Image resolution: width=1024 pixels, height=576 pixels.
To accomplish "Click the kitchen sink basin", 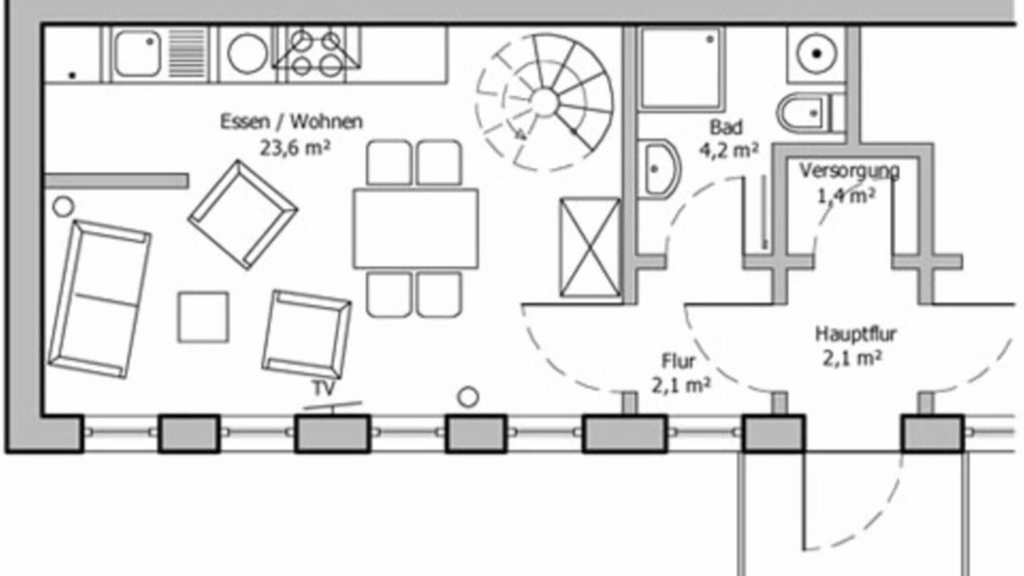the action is (137, 54).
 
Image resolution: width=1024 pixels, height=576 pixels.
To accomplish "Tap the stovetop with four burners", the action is (316, 54).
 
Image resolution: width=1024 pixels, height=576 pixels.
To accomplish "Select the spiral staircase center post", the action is (545, 102).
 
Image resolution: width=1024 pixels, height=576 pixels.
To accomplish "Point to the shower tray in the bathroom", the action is (682, 69).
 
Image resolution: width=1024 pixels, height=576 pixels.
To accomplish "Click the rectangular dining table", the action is (415, 228).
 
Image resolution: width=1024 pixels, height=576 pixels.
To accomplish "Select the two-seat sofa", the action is (100, 299).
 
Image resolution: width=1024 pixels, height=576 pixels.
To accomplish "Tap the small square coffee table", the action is (203, 317).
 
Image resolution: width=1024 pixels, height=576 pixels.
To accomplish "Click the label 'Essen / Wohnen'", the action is (292, 122).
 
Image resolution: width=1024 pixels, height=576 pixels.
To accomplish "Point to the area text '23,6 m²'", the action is (295, 148).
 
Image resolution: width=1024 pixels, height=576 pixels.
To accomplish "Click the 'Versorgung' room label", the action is (850, 171).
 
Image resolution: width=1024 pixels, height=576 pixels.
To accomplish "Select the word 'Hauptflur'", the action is (856, 334).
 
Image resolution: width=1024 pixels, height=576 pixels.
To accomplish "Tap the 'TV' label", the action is (324, 388).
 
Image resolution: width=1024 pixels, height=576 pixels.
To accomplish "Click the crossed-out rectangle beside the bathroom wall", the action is (590, 247).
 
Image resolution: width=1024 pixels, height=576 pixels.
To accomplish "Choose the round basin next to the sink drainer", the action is (248, 54).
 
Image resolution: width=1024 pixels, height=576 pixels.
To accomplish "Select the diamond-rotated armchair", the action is (242, 214).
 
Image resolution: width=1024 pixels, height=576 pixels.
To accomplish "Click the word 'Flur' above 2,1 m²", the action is (678, 362).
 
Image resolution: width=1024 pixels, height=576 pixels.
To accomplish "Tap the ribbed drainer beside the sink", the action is (187, 54).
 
